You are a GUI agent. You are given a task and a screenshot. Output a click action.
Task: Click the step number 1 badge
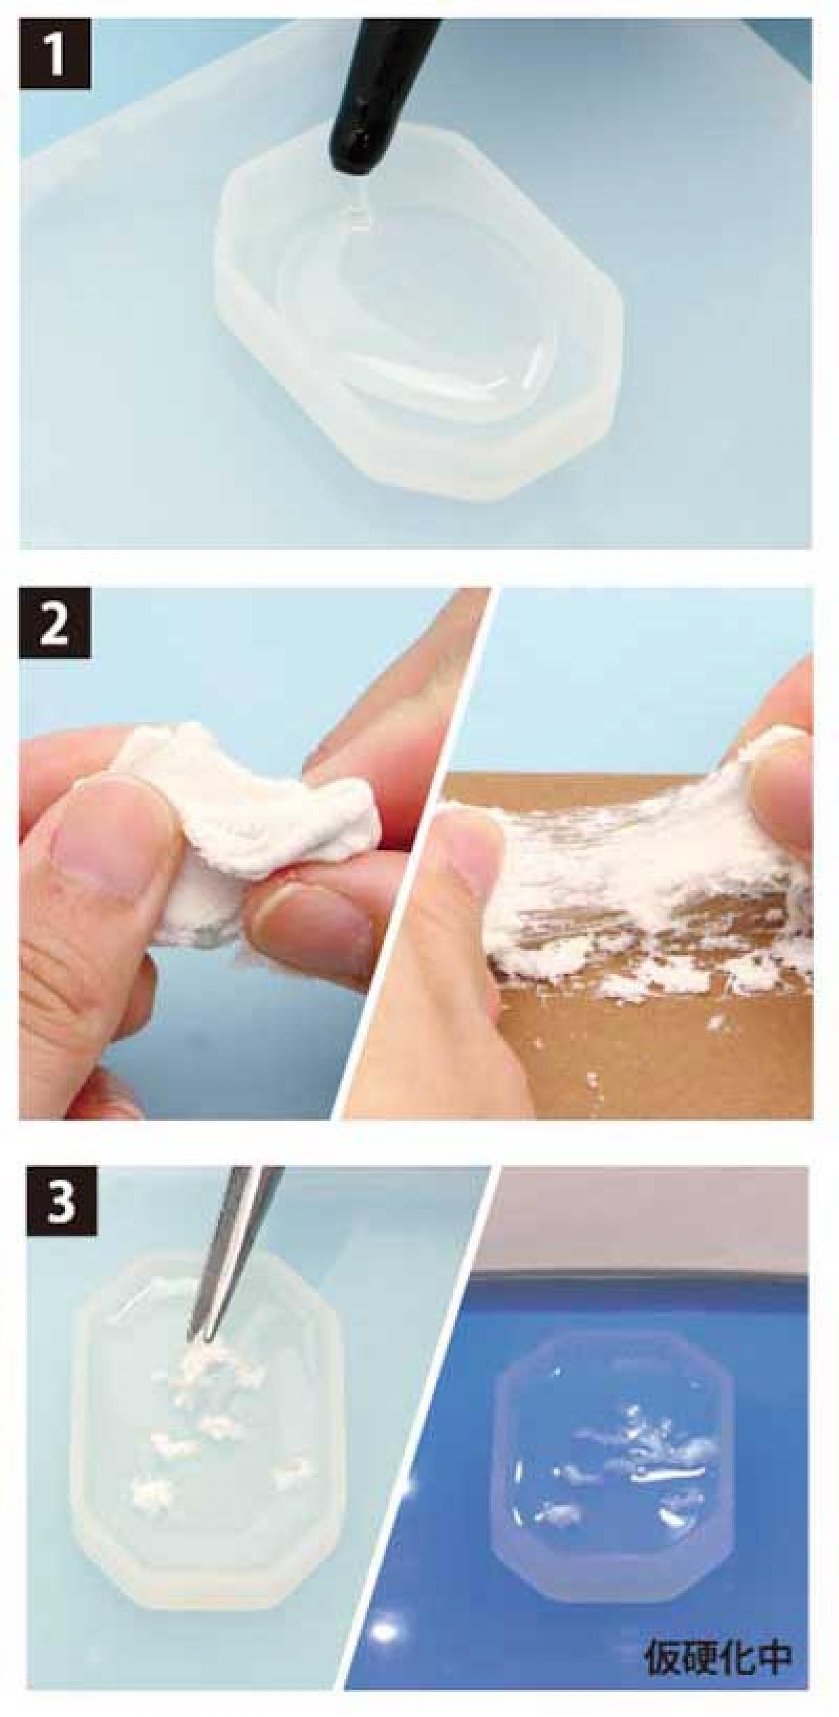[56, 55]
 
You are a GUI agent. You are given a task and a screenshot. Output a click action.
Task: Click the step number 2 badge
[56, 623]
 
